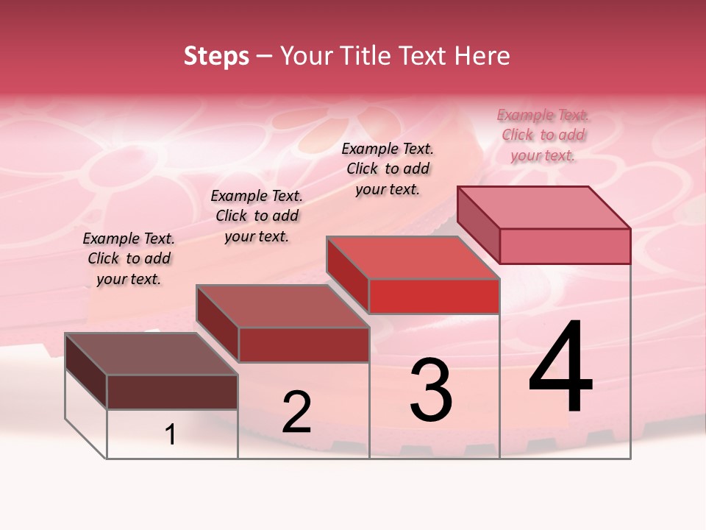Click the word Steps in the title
[x=216, y=56]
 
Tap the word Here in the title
[x=482, y=56]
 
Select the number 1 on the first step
[x=171, y=435]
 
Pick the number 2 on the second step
[x=296, y=412]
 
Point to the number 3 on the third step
[x=431, y=390]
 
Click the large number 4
[x=560, y=368]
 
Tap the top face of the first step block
[x=151, y=354]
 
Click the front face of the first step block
[x=172, y=392]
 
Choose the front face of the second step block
[x=303, y=344]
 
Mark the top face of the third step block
[x=413, y=258]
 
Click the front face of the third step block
[x=434, y=296]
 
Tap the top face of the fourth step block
[x=543, y=208]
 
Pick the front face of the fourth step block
[x=565, y=246]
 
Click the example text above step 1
[x=129, y=258]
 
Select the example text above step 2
[x=257, y=216]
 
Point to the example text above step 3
[x=388, y=169]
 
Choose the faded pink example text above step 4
[x=543, y=135]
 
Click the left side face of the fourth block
[x=478, y=225]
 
